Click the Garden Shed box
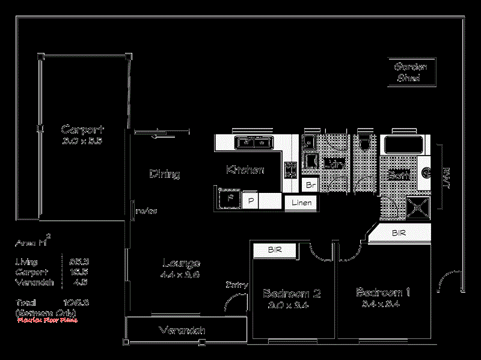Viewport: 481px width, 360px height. click(x=412, y=72)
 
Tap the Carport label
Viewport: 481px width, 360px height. click(x=82, y=129)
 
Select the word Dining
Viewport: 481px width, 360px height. click(x=164, y=174)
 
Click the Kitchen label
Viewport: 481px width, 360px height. click(x=245, y=170)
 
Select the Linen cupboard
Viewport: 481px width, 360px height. click(x=301, y=203)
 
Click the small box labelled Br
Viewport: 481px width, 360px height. click(x=310, y=185)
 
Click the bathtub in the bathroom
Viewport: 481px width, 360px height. click(x=404, y=145)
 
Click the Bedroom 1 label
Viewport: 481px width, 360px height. click(x=383, y=293)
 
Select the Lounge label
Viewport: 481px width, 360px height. click(x=181, y=263)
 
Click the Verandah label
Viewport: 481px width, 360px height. click(x=182, y=331)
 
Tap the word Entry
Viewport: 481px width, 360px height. click(x=237, y=285)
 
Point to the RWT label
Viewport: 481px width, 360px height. click(x=446, y=178)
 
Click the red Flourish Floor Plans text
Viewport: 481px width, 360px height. click(x=41, y=320)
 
